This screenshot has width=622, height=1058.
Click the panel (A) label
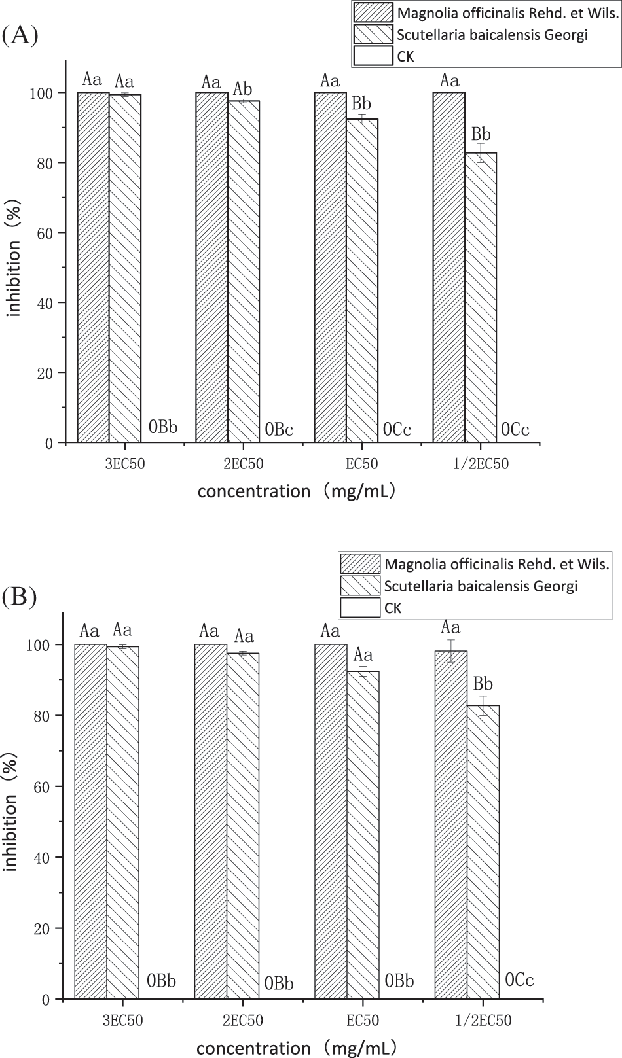20,35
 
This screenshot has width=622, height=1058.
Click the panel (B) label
20,596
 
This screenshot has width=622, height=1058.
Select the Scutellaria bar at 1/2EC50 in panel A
481,298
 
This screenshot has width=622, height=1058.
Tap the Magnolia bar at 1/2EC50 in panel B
451,824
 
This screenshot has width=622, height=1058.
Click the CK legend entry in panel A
406,57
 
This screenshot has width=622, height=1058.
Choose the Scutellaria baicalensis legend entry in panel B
481,586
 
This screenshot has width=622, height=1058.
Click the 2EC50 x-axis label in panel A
243,465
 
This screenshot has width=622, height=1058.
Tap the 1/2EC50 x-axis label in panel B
483,1020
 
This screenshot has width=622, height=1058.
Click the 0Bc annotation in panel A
279,430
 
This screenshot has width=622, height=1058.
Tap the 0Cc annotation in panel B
520,979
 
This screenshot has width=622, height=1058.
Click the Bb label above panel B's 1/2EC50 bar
483,684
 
